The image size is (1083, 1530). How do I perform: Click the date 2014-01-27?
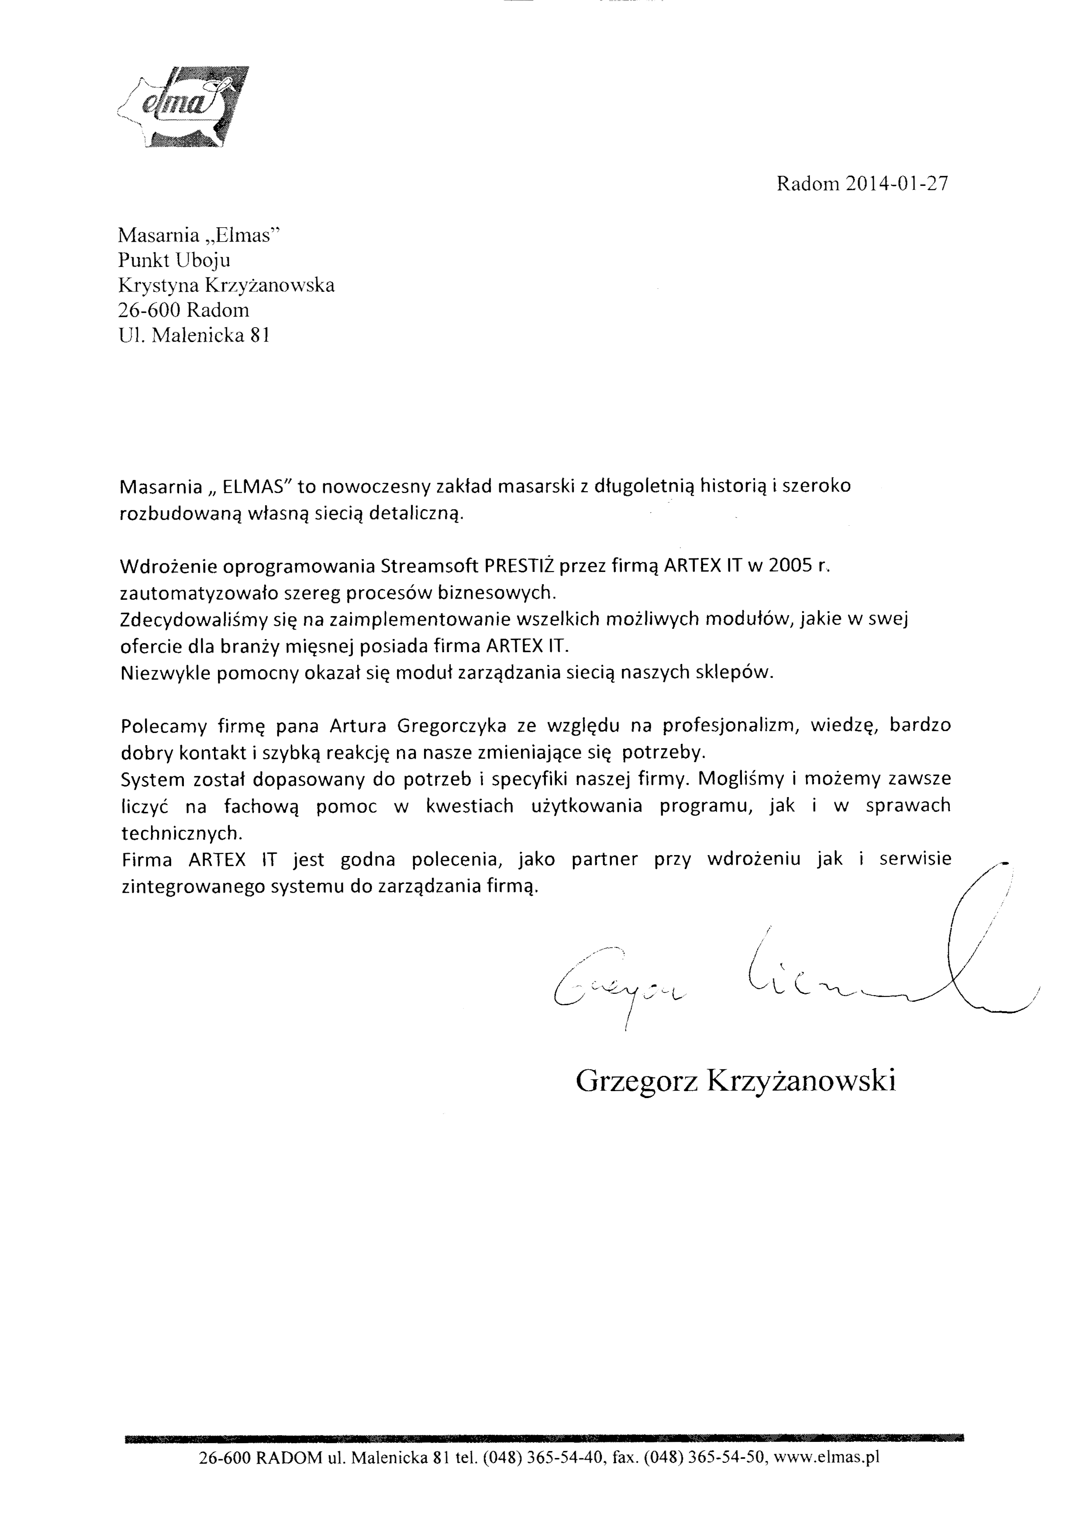[897, 184]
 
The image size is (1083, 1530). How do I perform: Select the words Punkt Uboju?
[174, 260]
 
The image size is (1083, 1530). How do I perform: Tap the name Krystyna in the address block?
[157, 285]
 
